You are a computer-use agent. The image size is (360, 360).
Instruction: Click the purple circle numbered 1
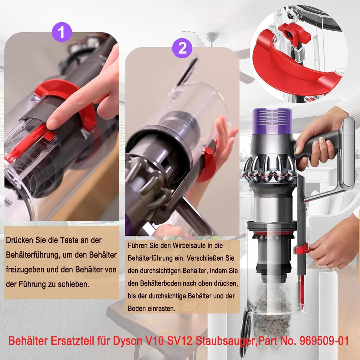point(62,32)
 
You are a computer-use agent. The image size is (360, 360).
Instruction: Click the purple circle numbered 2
point(182,49)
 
